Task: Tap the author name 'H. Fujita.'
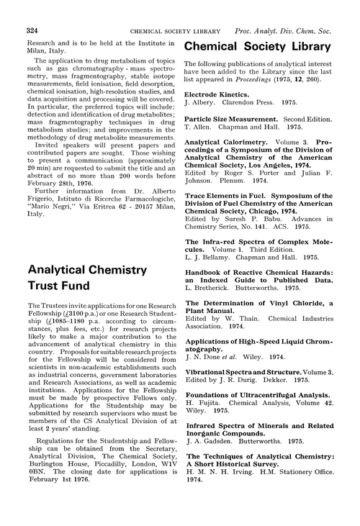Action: [202, 406]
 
